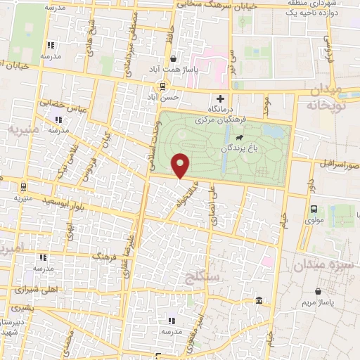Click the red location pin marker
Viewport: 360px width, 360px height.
click(181, 165)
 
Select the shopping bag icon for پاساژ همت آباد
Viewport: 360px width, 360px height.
click(173, 58)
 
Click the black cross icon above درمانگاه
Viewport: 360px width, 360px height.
click(221, 98)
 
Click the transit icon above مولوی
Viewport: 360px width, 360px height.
click(314, 208)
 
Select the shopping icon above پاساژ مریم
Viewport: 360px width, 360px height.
click(319, 290)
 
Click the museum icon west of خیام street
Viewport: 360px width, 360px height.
click(259, 301)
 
